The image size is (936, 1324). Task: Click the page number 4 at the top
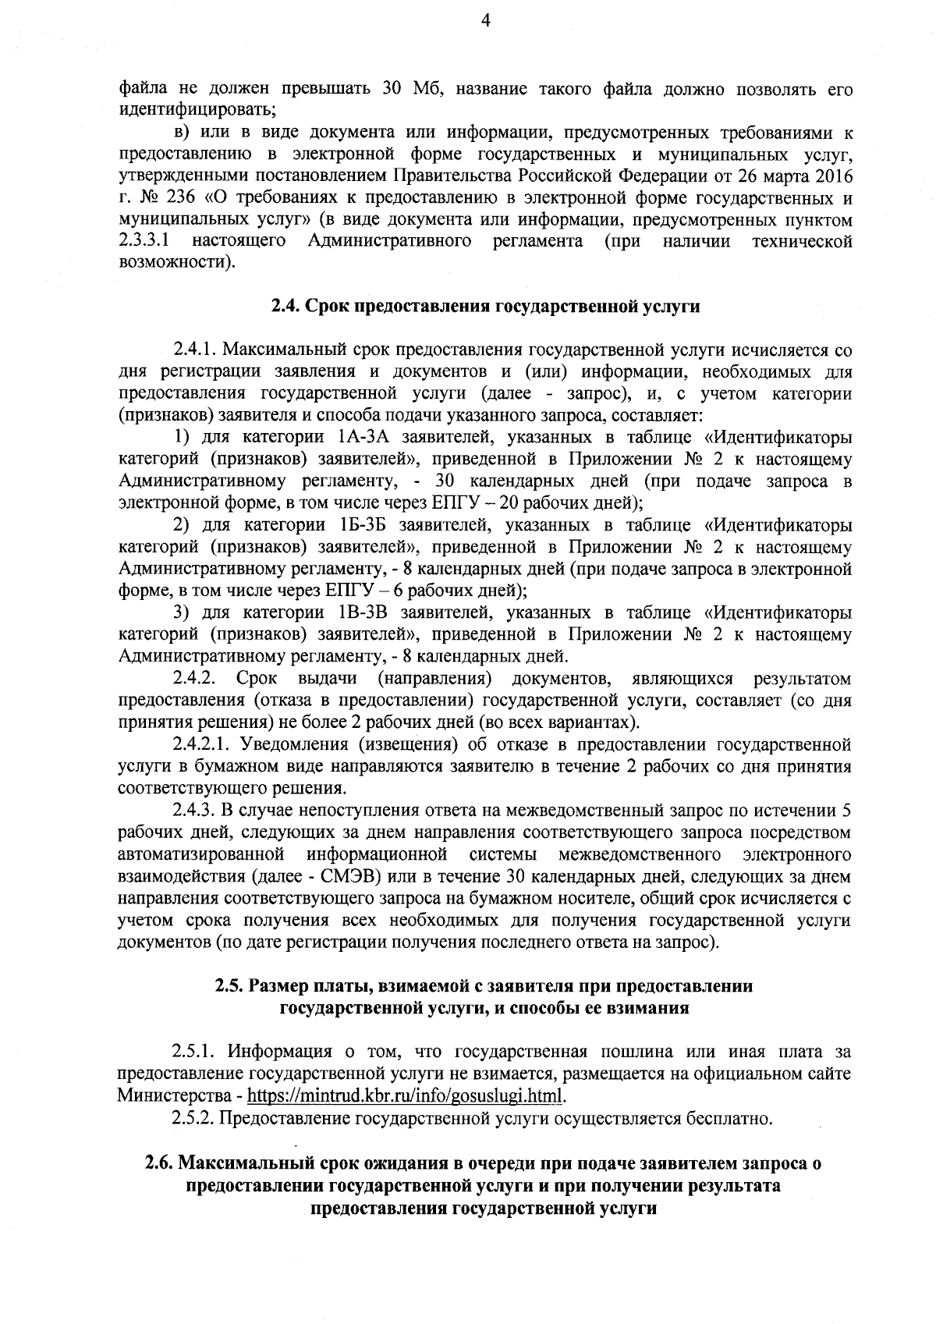coord(485,23)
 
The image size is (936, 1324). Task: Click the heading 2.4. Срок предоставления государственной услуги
coord(485,307)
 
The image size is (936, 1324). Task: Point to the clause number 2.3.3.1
coord(146,240)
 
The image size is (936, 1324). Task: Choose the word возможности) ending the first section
coord(176,262)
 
